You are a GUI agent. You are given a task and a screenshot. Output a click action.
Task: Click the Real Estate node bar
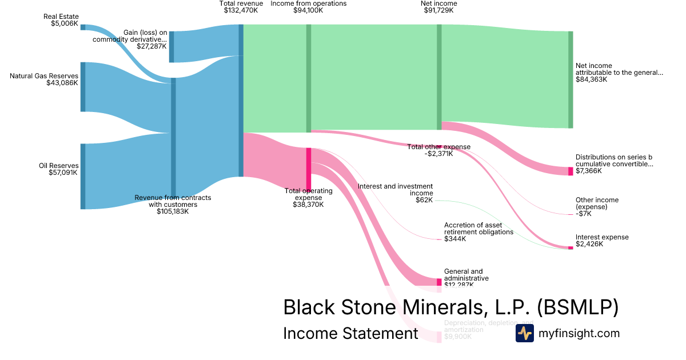pos(83,27)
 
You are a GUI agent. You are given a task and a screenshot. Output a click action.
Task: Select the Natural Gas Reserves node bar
pos(83,87)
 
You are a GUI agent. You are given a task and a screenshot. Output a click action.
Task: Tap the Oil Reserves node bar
pos(83,176)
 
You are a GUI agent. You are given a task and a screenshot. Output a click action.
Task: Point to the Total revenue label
pos(241,3)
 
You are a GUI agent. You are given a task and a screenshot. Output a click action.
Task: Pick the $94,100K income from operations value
pos(308,10)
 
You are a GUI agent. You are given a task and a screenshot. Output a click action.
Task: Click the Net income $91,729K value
pos(438,10)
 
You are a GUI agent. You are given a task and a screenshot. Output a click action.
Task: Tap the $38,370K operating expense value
pos(308,205)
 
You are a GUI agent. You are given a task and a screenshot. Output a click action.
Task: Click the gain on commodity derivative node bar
pos(171,47)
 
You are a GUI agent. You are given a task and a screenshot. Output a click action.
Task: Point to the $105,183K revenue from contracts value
pos(173,211)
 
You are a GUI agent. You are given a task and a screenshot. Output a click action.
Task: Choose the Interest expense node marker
pos(571,248)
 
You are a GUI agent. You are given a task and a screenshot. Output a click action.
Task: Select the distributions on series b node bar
pos(571,171)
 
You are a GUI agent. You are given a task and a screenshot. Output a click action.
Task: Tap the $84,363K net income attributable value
pos(591,79)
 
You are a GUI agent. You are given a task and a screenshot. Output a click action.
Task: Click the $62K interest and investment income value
pos(424,200)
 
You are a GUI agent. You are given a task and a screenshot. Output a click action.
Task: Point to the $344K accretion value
pos(455,239)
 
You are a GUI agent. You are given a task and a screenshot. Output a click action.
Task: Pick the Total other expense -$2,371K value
pos(438,154)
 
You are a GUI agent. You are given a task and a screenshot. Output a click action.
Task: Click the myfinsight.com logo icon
pos(524,333)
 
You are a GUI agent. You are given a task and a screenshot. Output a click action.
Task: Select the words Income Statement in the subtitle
pos(350,334)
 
